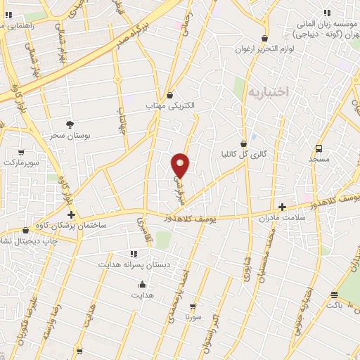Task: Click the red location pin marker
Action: [181, 165]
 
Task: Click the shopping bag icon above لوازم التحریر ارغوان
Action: [264, 39]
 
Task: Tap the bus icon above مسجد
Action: [319, 149]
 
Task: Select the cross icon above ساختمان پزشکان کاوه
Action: [71, 214]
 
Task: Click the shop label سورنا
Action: [194, 316]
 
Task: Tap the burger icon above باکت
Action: [335, 295]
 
